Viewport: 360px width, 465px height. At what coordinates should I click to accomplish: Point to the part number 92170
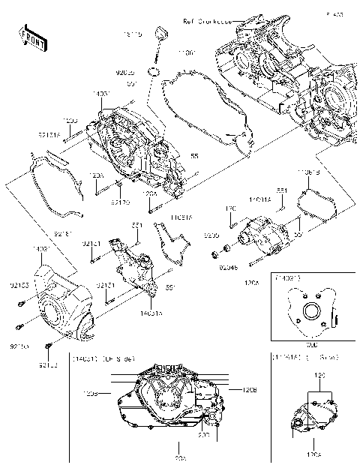121,202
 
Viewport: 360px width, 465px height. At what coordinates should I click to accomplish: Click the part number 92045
228,265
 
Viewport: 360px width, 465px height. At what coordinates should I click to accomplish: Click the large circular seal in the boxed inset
310,309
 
